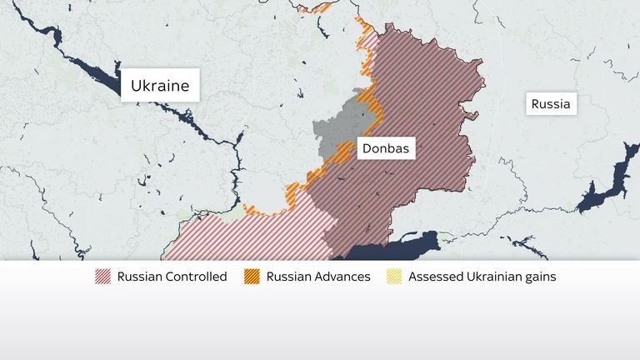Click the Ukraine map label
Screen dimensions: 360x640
(160, 85)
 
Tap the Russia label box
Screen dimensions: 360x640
(551, 105)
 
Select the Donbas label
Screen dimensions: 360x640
(383, 148)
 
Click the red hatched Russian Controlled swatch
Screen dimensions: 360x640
(103, 277)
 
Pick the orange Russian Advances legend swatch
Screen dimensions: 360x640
(252, 277)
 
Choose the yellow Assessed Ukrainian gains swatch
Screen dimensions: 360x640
(394, 277)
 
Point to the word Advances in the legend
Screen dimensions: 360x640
(339, 277)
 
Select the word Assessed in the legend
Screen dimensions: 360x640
(434, 277)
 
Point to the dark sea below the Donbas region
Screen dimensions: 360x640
(392, 250)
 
